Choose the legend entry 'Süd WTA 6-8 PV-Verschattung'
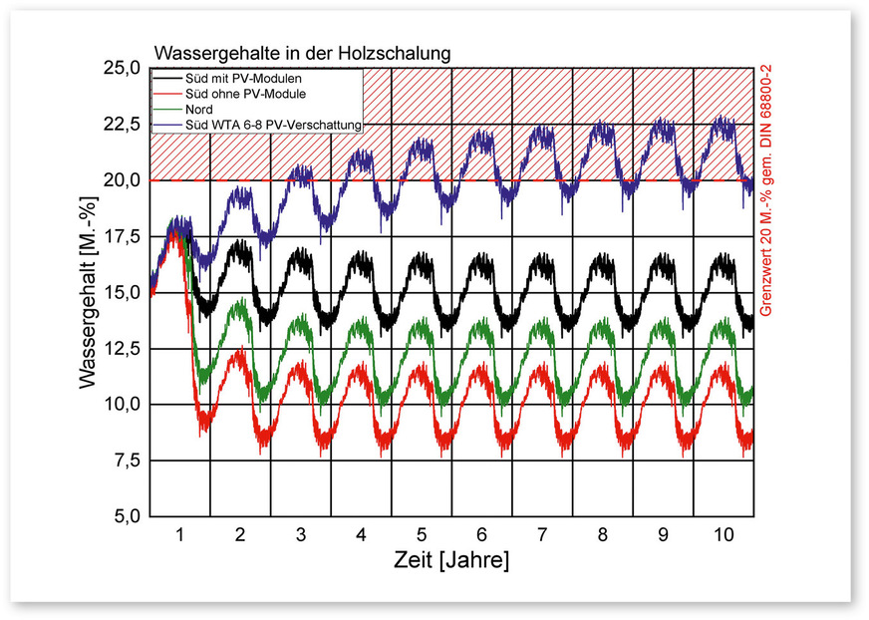coord(273,125)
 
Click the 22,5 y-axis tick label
coord(122,125)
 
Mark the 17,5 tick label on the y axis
coord(122,237)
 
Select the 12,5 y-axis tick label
coord(122,349)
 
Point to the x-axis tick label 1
coord(180,534)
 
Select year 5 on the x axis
coord(422,534)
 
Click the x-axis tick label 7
coord(542,534)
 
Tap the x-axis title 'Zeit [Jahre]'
coord(451,560)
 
